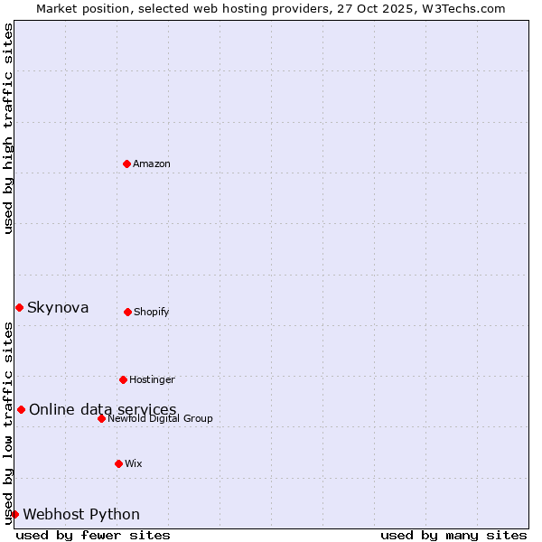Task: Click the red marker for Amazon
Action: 126,164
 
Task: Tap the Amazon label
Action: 152,164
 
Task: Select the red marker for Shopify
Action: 127,312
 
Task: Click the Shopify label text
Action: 152,313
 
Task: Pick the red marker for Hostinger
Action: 123,379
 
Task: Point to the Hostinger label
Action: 152,380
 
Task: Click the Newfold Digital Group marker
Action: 101,418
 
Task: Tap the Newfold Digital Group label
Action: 160,419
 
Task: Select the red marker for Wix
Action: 118,463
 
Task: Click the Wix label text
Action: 134,464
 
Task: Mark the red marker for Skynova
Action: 19,307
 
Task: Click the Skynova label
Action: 58,308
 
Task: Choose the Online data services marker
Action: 21,409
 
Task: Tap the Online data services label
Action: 102,410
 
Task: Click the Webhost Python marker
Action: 14,514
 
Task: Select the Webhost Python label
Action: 81,515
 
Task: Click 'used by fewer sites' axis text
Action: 93,535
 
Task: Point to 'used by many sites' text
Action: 453,535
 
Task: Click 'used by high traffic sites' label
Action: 9,128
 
